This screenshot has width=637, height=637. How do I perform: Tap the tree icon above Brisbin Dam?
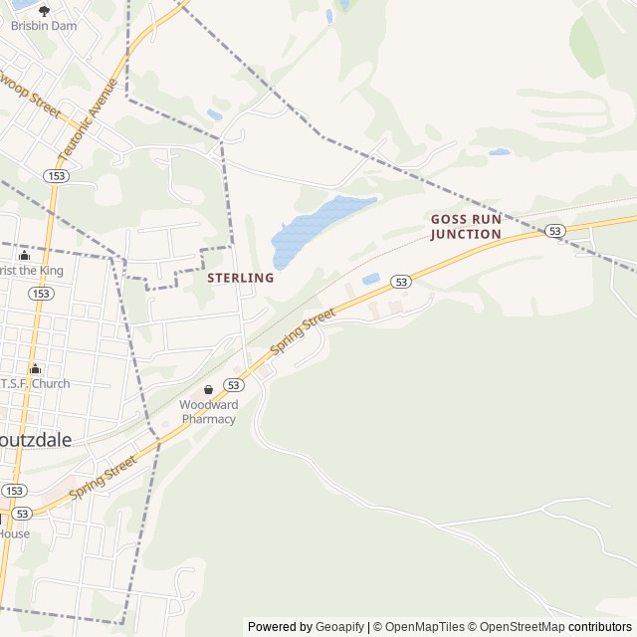tap(44, 10)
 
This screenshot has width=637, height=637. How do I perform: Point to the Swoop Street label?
tap(29, 92)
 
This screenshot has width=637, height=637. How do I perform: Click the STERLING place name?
tap(240, 278)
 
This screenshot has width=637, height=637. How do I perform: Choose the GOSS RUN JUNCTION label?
tap(466, 226)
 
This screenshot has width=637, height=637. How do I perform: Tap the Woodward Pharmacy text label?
tap(208, 412)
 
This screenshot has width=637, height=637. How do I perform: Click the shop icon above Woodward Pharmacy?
tap(208, 389)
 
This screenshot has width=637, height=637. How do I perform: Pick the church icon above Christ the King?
tap(24, 256)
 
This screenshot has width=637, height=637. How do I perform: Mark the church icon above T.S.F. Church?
tap(36, 368)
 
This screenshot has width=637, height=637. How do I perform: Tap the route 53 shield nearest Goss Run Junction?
tap(555, 231)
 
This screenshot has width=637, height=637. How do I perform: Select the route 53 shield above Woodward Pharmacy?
tap(234, 384)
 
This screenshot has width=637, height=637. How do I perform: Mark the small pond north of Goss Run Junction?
tap(499, 152)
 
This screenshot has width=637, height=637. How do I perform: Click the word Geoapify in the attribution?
tap(340, 627)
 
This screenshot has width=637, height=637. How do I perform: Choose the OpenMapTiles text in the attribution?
tap(425, 627)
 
